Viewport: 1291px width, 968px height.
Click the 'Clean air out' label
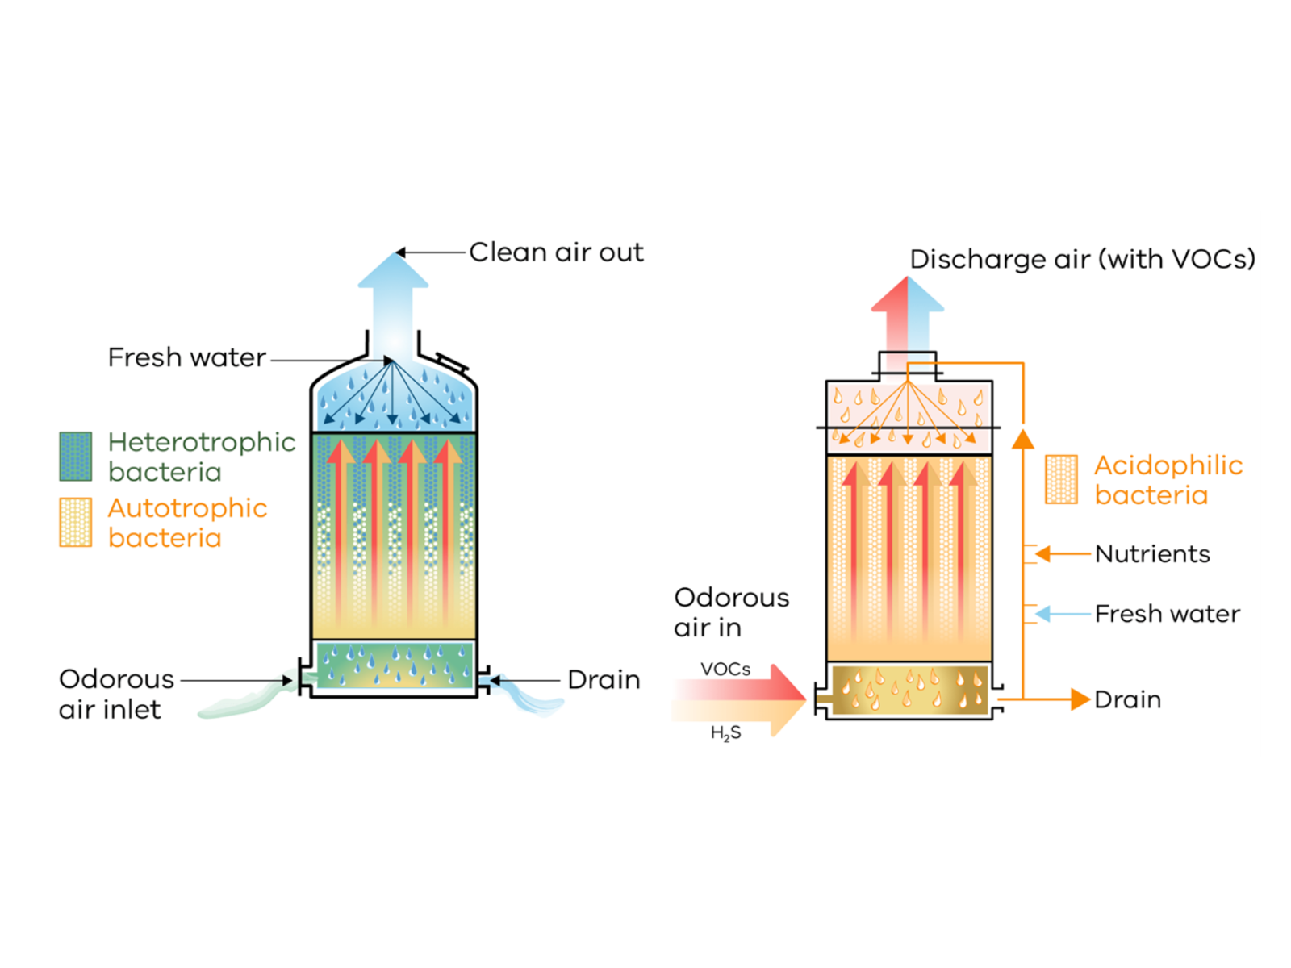(x=556, y=252)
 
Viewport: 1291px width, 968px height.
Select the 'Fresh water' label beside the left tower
(x=186, y=357)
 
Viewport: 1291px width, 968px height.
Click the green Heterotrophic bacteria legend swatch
(x=76, y=456)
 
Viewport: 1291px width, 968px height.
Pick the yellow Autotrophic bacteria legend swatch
(x=76, y=522)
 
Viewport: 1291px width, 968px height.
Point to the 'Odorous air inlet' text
(x=115, y=694)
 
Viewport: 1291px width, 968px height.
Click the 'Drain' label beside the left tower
(x=604, y=680)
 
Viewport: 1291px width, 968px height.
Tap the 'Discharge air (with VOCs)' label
(x=1082, y=259)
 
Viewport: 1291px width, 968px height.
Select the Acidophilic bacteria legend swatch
(x=1061, y=479)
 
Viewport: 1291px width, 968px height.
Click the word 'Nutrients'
(x=1152, y=554)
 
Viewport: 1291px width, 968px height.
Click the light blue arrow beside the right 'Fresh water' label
(x=1061, y=614)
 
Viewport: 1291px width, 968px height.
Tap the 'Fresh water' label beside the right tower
(x=1167, y=614)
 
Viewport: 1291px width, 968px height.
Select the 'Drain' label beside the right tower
(x=1127, y=699)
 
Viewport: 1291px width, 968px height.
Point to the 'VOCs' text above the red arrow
(x=725, y=669)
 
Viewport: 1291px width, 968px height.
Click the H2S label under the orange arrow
(x=725, y=733)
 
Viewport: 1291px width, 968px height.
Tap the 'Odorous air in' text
(x=731, y=612)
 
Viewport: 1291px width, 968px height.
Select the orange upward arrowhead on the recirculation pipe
(x=1023, y=440)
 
